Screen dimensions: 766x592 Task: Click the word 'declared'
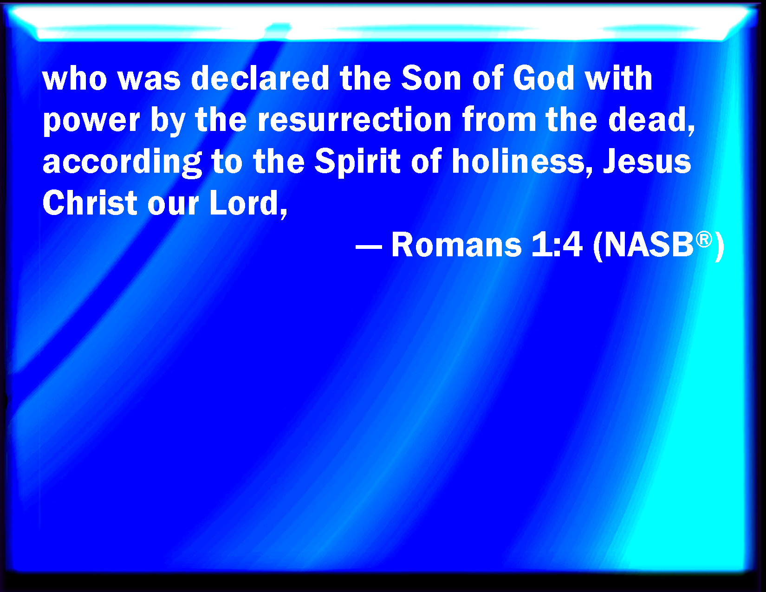(260, 78)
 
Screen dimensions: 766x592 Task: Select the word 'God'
(544, 78)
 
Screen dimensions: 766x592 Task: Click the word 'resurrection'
(355, 119)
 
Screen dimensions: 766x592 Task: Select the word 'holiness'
(518, 161)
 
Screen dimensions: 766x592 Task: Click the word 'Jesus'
(647, 161)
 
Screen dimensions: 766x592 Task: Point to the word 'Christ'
(90, 203)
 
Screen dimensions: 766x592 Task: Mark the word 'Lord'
(244, 203)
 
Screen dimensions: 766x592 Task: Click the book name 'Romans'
(456, 244)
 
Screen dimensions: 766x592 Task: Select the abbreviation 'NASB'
(649, 244)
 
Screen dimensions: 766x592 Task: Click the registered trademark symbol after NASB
(704, 240)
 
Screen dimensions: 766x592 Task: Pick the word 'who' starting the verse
(74, 78)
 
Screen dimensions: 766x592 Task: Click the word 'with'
(618, 78)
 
